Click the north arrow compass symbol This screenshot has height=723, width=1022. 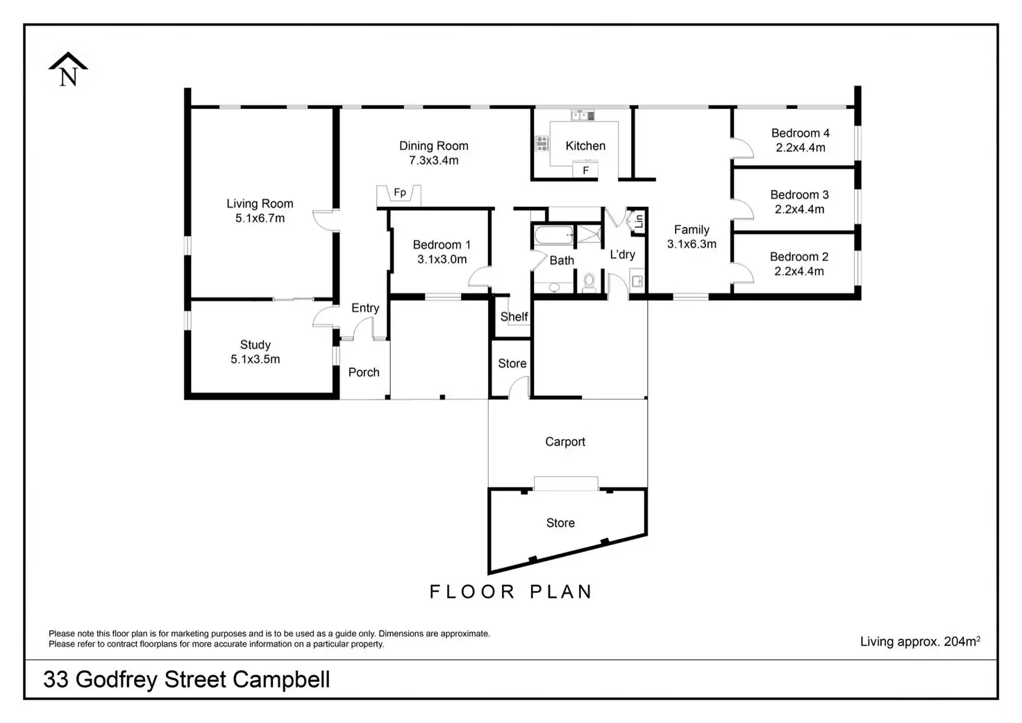click(x=68, y=70)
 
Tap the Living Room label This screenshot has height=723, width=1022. click(x=260, y=203)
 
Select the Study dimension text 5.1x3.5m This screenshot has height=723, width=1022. click(x=255, y=359)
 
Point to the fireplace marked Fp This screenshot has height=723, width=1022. click(x=399, y=194)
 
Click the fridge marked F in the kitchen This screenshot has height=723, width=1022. click(x=585, y=170)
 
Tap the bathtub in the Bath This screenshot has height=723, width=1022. click(x=553, y=235)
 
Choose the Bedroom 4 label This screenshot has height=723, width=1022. click(x=800, y=133)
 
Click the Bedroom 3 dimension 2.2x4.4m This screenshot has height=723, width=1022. click(x=799, y=209)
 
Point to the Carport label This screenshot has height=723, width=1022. click(x=565, y=442)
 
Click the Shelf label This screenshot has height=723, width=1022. click(x=514, y=317)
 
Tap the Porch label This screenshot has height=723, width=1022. click(x=364, y=372)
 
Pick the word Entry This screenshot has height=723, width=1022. click(x=365, y=308)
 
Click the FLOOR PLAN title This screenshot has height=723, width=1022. click(x=511, y=592)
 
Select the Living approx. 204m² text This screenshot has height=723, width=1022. click(x=920, y=641)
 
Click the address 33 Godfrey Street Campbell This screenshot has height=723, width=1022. click(x=187, y=679)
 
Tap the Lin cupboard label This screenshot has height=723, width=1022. click(x=639, y=222)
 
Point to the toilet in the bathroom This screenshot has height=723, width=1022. click(x=589, y=281)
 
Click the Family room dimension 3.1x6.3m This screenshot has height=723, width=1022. click(x=692, y=244)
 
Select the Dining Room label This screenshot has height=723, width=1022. click(x=433, y=146)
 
